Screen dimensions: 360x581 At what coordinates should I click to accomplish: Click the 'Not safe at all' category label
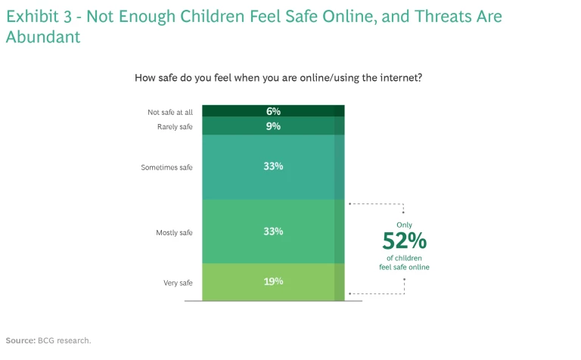click(x=169, y=112)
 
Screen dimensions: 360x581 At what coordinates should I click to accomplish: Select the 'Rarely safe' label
click(x=175, y=126)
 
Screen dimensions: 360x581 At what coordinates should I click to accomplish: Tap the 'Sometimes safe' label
click(x=166, y=167)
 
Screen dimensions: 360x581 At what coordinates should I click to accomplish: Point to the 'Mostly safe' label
click(x=174, y=232)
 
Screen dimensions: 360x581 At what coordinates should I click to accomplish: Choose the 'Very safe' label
click(x=178, y=283)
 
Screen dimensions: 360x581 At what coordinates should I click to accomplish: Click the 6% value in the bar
click(x=273, y=111)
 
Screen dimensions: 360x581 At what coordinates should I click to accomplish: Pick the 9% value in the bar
click(x=273, y=126)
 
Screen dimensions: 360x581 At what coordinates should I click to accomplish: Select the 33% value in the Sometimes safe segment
click(x=273, y=166)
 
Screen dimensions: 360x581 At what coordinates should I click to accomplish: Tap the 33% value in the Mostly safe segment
click(x=273, y=231)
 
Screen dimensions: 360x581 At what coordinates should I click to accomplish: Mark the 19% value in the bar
click(x=273, y=281)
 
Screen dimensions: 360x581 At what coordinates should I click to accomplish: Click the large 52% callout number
click(x=404, y=241)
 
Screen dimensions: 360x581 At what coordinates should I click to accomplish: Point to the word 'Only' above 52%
click(x=405, y=225)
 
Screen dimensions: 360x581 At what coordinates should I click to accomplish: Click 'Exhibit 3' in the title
click(x=40, y=16)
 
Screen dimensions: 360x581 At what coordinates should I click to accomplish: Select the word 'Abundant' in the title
click(x=43, y=37)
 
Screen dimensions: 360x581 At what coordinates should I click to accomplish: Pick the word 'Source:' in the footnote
click(x=20, y=340)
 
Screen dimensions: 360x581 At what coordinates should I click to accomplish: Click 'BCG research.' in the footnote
click(x=64, y=340)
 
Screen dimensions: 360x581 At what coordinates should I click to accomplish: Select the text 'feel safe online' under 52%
click(x=404, y=267)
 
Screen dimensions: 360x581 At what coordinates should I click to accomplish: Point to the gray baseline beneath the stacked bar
click(x=273, y=301)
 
